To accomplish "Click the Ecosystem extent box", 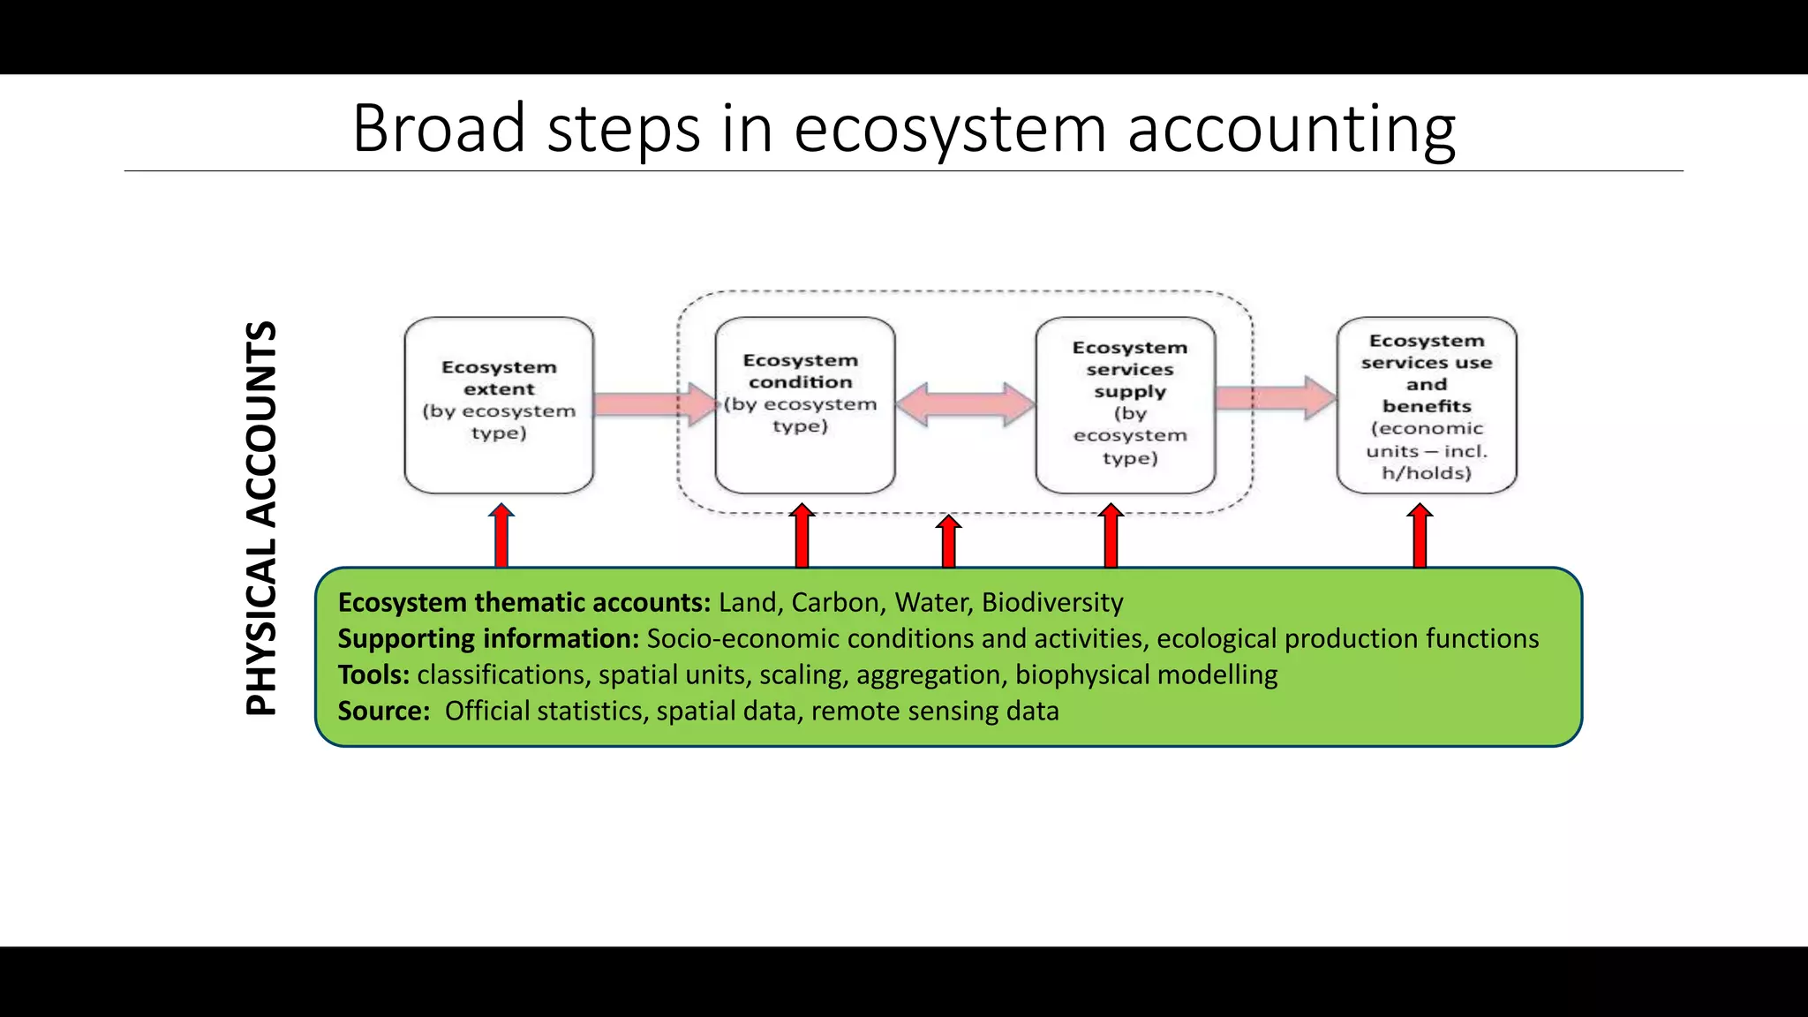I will pos(499,405).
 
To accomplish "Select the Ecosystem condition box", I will pos(804,405).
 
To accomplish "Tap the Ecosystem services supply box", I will pos(1126,405).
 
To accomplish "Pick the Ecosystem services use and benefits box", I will pos(1427,405).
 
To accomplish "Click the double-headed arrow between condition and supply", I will pos(965,404).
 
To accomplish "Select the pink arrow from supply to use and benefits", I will pos(1276,398).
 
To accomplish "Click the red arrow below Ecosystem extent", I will pos(501,536).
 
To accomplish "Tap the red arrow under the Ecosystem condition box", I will pos(802,536).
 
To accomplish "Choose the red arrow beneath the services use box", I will pos(1420,536).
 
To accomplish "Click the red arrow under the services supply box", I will pos(1111,536).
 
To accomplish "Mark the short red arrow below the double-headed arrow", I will pos(948,541).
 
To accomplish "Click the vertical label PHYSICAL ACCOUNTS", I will pos(261,518).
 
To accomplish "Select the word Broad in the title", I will pos(439,129).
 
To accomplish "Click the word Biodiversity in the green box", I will pos(1052,602).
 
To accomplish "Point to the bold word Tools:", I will pos(373,674).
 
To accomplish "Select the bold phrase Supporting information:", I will pos(488,638).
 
